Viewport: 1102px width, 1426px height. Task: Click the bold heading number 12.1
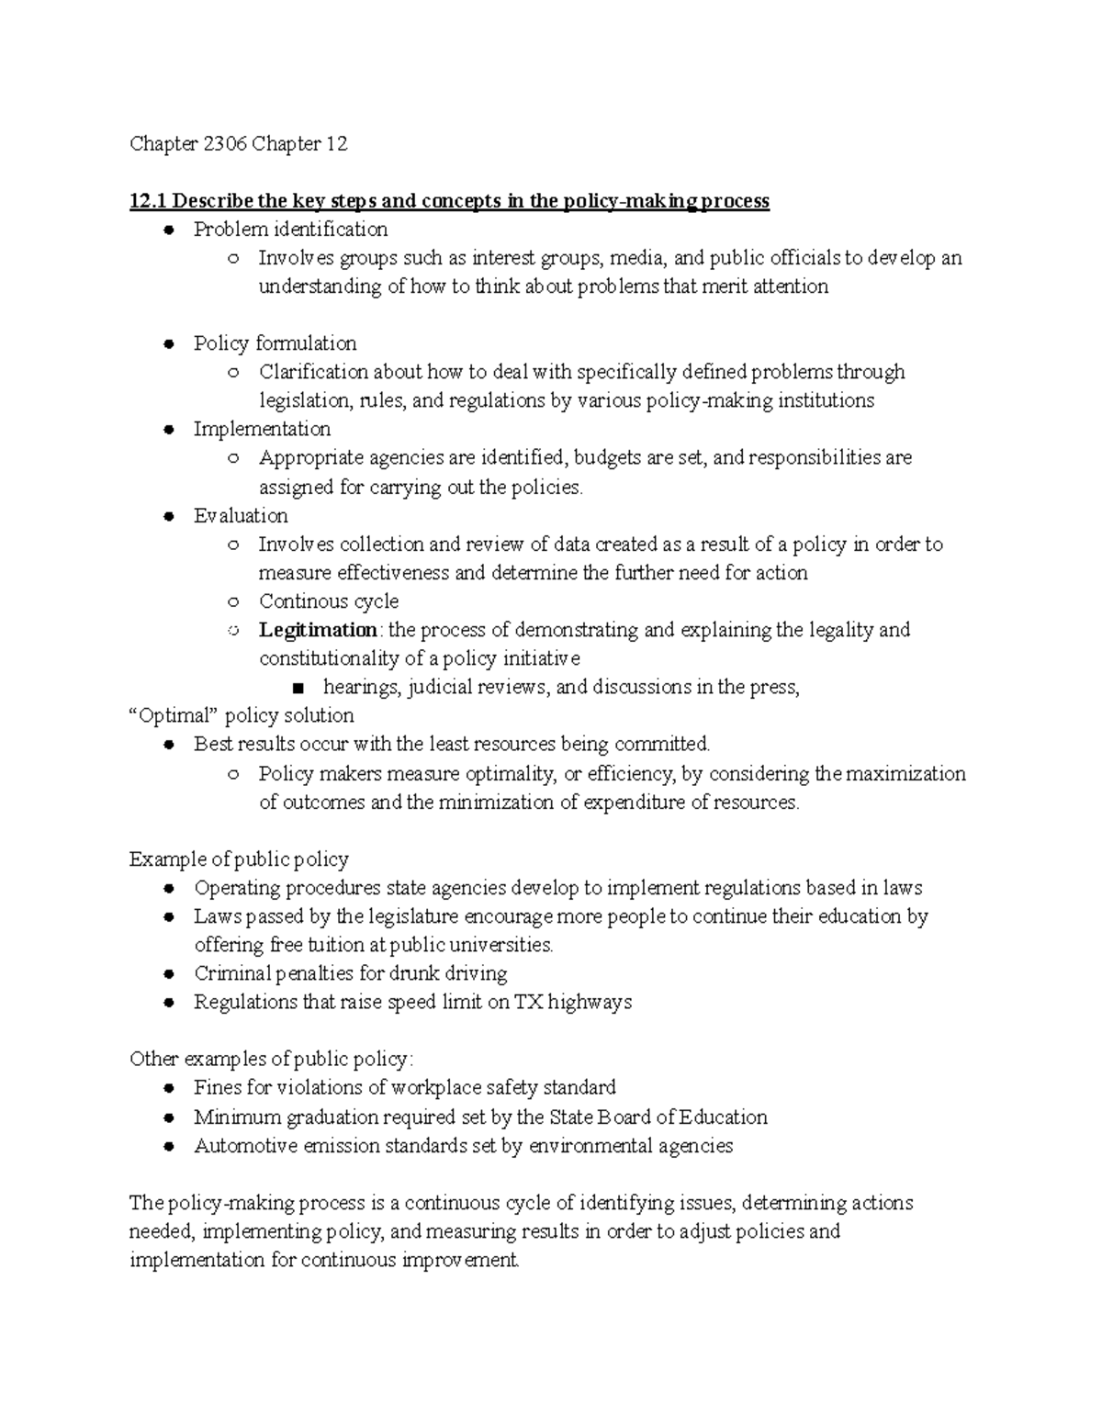[148, 201]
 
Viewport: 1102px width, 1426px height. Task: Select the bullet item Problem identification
[290, 230]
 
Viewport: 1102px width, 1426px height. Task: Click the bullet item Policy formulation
[275, 343]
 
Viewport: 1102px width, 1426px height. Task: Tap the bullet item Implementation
[262, 430]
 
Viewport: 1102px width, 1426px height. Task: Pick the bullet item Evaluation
[241, 516]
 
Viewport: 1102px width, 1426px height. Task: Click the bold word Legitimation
[318, 630]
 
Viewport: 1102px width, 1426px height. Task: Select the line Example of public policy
[239, 859]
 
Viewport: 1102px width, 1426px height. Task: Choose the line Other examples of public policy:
[272, 1060]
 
